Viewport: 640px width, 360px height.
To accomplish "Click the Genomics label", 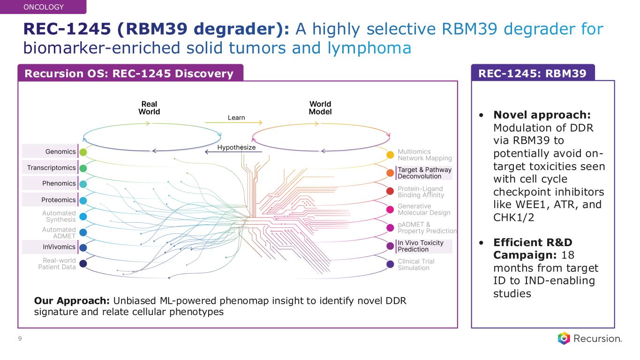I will point(60,151).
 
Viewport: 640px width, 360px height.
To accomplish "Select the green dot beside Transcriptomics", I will point(83,168).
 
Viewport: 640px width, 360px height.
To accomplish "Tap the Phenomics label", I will point(59,183).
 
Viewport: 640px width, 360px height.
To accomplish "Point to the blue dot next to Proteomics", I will point(83,200).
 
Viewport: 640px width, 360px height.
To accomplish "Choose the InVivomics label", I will point(59,247).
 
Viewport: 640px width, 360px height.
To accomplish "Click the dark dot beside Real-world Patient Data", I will point(83,263).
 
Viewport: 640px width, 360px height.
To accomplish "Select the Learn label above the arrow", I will point(236,117).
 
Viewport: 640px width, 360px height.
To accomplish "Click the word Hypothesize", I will point(236,148).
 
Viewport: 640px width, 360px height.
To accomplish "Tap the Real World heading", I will point(150,108).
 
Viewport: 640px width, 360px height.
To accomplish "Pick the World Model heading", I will point(320,108).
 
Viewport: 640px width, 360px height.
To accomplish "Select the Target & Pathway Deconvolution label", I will point(424,173).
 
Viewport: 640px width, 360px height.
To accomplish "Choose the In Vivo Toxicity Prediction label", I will point(420,246).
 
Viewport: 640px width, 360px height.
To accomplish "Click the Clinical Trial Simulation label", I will point(416,264).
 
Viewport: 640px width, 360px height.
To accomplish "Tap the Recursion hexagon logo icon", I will point(564,338).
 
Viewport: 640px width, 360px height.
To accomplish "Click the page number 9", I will point(20,339).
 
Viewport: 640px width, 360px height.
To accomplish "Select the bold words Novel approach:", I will point(542,115).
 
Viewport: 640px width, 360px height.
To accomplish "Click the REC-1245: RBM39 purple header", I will point(533,73).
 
